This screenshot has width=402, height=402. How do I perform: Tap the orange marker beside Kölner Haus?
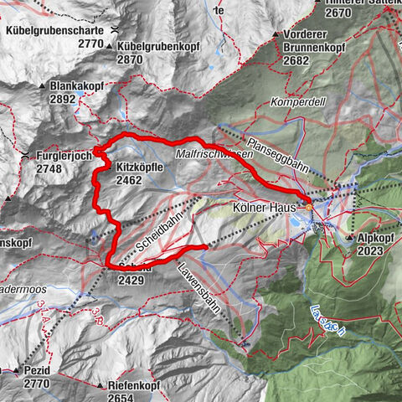(x=308, y=206)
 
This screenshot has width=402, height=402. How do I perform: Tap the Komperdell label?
(x=296, y=101)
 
